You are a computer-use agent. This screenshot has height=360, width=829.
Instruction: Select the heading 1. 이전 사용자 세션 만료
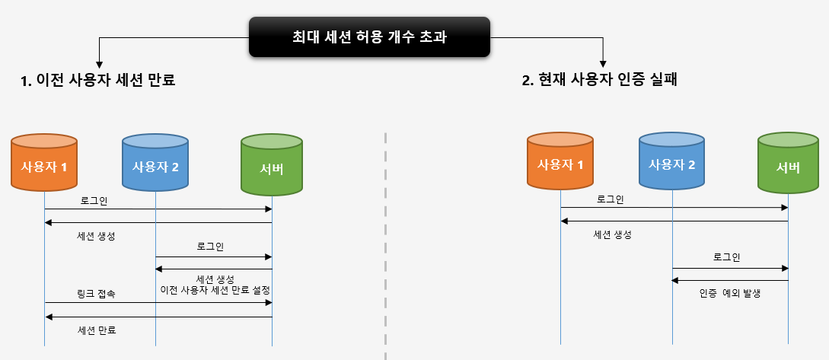coord(98,80)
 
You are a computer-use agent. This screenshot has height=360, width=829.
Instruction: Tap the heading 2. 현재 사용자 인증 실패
coord(600,80)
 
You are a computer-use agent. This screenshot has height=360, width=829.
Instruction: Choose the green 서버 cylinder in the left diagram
coord(272,164)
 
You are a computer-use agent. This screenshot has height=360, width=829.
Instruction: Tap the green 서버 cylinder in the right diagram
coord(788,164)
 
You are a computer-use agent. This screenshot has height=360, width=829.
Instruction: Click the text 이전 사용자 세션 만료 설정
coord(215,290)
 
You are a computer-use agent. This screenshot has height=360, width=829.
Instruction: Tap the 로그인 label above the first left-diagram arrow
coord(94,200)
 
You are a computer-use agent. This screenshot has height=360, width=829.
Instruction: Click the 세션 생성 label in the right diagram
coord(613,234)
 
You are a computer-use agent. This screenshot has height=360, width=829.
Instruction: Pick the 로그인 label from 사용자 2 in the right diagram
coord(727,257)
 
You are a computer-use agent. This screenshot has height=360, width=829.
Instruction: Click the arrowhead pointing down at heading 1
coord(98,65)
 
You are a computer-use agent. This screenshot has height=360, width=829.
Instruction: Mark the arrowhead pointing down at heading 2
coord(604,64)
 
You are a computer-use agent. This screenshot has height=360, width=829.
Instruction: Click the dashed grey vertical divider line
coord(385,244)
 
